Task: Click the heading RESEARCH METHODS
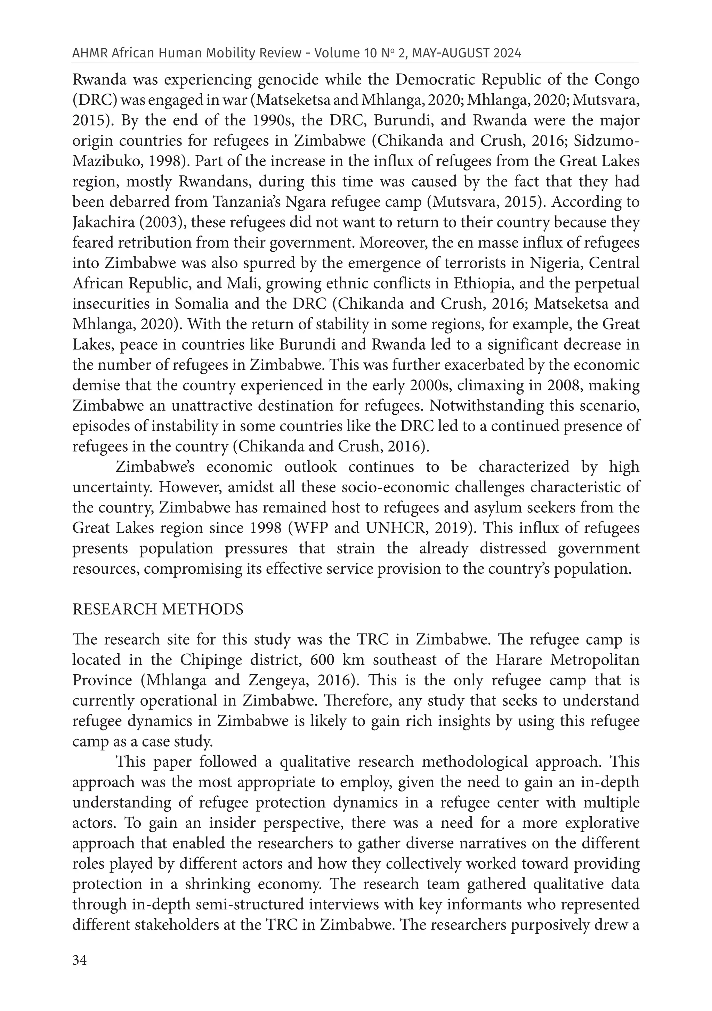pos(157,610)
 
